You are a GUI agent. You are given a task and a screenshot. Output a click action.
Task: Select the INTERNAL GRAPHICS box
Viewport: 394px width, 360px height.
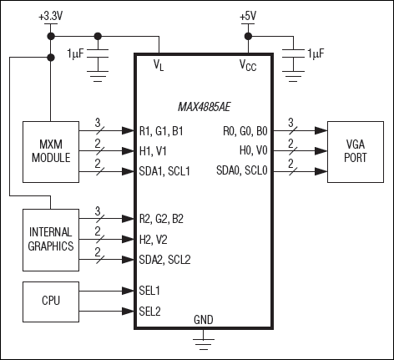(x=50, y=239)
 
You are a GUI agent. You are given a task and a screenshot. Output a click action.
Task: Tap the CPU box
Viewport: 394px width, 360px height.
(x=50, y=300)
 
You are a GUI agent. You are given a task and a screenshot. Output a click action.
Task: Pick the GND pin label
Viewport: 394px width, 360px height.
(x=203, y=319)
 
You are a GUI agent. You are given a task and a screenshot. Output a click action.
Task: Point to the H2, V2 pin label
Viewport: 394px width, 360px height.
(x=156, y=238)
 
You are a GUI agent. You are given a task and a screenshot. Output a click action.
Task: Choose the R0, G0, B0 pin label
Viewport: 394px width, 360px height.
(x=245, y=130)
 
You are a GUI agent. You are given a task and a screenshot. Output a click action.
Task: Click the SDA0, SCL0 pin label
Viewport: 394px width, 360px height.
(x=240, y=171)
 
